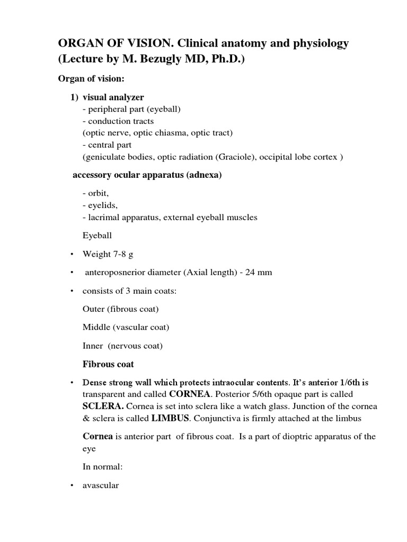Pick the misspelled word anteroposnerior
pyautogui.click(x=115, y=273)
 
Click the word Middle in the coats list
pyautogui.click(x=95, y=327)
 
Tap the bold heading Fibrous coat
pyautogui.click(x=108, y=364)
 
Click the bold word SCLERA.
pyautogui.click(x=103, y=406)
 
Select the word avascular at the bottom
pyautogui.click(x=101, y=485)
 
